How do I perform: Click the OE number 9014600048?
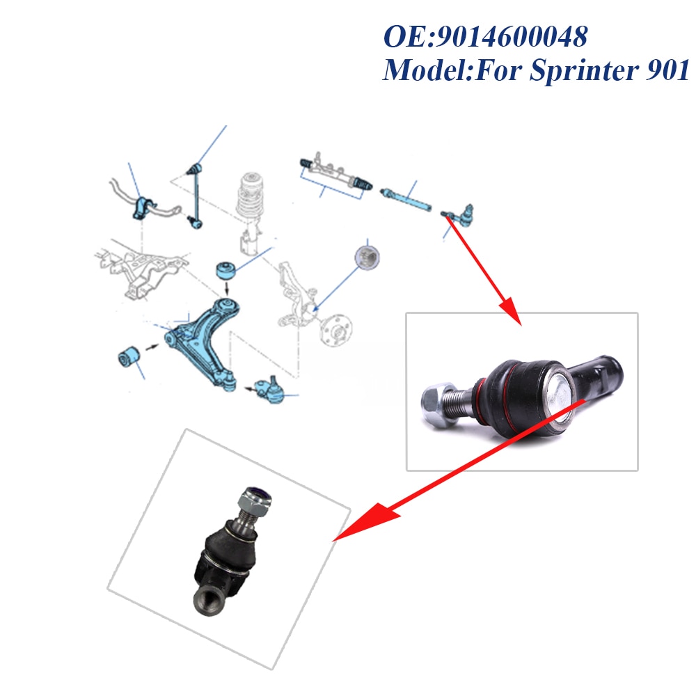512,36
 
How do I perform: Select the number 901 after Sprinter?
667,70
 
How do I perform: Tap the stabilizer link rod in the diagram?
194,196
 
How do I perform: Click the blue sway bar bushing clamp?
143,207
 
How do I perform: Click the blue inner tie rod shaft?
406,200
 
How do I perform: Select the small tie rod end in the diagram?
458,214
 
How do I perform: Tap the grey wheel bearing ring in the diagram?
367,257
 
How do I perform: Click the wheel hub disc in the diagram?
336,330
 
